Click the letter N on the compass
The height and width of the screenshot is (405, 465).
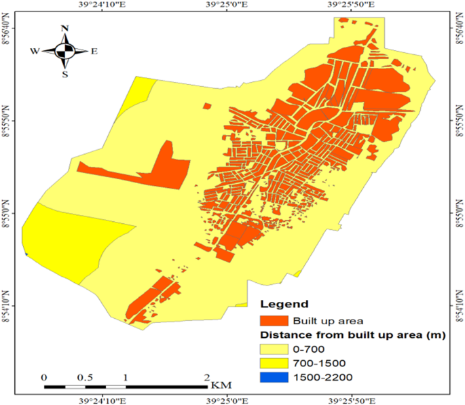coord(65,28)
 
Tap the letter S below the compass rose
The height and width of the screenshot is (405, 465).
coord(65,75)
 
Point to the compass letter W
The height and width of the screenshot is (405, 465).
coord(34,51)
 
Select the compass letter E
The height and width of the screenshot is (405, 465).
coord(94,51)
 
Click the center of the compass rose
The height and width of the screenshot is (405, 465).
coord(65,51)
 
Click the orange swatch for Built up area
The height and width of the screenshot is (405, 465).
coord(274,320)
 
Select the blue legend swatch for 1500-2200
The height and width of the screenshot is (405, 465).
coord(274,377)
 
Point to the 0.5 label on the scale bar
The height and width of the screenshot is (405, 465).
coord(85,377)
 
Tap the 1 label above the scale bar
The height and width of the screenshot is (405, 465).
coord(126,377)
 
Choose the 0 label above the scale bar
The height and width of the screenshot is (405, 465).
coord(44,377)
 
